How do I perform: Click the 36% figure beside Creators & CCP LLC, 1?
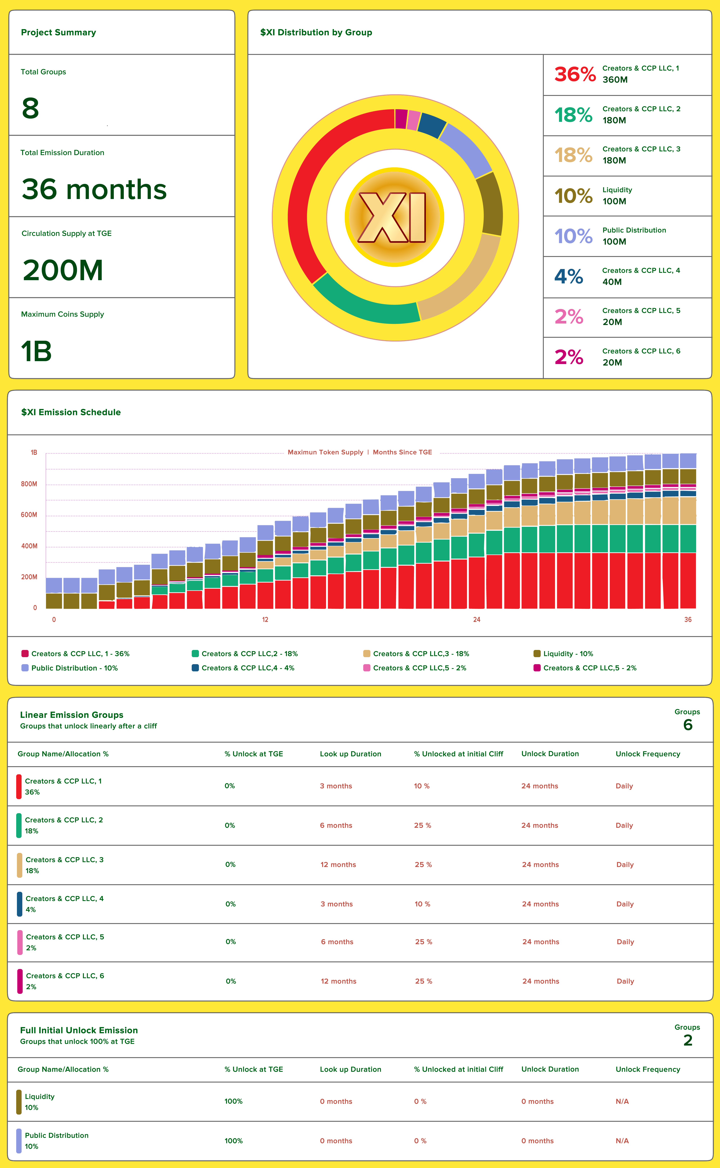point(575,75)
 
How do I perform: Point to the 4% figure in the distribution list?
point(569,277)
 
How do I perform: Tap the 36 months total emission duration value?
point(94,189)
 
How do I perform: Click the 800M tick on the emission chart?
point(29,484)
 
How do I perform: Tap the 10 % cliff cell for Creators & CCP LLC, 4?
point(422,904)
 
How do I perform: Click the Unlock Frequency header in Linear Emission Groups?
point(648,754)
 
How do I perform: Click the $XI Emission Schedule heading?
point(71,412)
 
